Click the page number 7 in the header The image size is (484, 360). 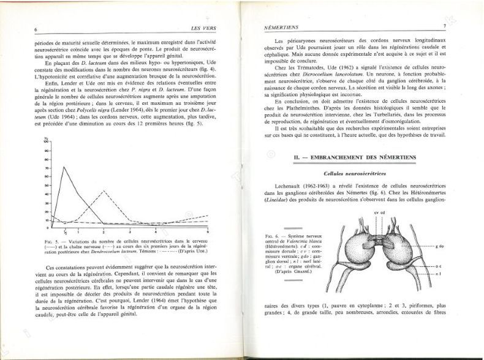444,26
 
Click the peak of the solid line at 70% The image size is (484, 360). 64,167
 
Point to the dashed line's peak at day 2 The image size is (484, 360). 104,191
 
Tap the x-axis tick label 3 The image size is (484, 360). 130,233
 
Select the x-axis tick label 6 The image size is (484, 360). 208,233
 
